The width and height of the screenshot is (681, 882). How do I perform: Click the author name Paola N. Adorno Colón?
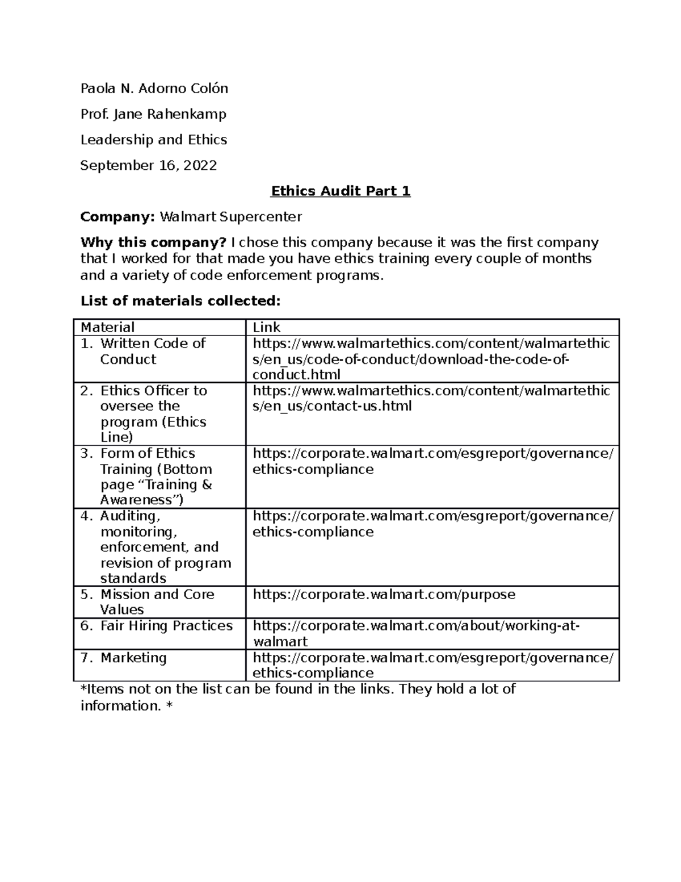154,89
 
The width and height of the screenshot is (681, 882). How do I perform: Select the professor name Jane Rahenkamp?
170,114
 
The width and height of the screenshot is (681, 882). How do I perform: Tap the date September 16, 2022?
148,165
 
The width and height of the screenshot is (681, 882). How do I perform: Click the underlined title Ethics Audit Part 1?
340,191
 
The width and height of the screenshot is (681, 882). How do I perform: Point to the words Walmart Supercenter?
230,216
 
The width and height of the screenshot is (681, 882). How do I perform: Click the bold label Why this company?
153,243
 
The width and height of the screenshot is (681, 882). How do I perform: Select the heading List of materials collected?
180,300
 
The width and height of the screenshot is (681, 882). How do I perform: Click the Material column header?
107,327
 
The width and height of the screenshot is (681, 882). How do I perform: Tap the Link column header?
266,327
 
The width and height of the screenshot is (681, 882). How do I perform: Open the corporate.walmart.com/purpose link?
384,595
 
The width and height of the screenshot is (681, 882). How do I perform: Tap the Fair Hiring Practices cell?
166,626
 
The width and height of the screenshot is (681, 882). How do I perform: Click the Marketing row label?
133,658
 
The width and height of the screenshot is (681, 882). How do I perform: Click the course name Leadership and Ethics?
153,140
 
